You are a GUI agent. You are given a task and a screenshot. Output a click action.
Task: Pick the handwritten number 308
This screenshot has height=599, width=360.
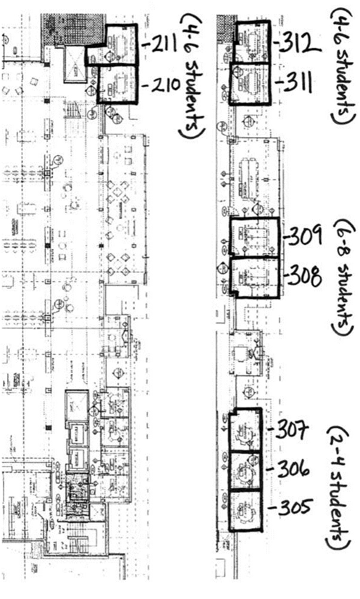304,276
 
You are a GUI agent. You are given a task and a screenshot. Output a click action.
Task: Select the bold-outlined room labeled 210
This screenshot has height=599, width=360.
118,85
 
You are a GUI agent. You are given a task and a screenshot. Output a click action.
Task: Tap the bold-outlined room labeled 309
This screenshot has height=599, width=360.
254,238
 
